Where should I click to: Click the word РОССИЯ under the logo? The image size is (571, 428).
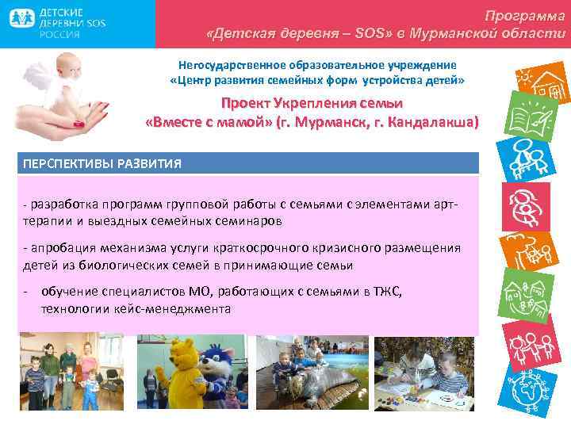(x=56, y=36)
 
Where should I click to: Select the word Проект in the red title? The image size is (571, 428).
(x=245, y=104)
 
